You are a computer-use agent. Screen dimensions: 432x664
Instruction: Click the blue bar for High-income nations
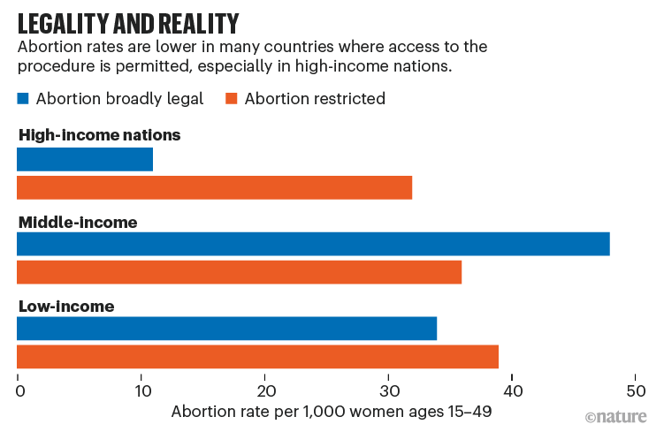click(x=85, y=159)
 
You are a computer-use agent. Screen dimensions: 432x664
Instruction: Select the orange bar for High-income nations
click(x=215, y=187)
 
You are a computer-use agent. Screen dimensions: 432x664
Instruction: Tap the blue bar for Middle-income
click(x=313, y=244)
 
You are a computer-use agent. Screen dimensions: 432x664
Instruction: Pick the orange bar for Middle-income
click(x=240, y=272)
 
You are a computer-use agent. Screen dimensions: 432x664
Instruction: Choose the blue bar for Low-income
click(x=227, y=329)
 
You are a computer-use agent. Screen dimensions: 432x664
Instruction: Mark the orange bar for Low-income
click(x=258, y=357)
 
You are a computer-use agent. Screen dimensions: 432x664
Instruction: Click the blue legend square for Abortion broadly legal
click(x=24, y=99)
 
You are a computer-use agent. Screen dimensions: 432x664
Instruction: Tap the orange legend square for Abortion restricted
click(x=233, y=99)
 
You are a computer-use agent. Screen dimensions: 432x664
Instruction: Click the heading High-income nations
click(x=99, y=135)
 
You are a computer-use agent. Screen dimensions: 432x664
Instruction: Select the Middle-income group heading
click(x=78, y=222)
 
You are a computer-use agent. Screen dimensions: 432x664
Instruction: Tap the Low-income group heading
click(x=66, y=307)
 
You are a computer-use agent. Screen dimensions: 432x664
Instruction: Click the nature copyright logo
click(x=615, y=416)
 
